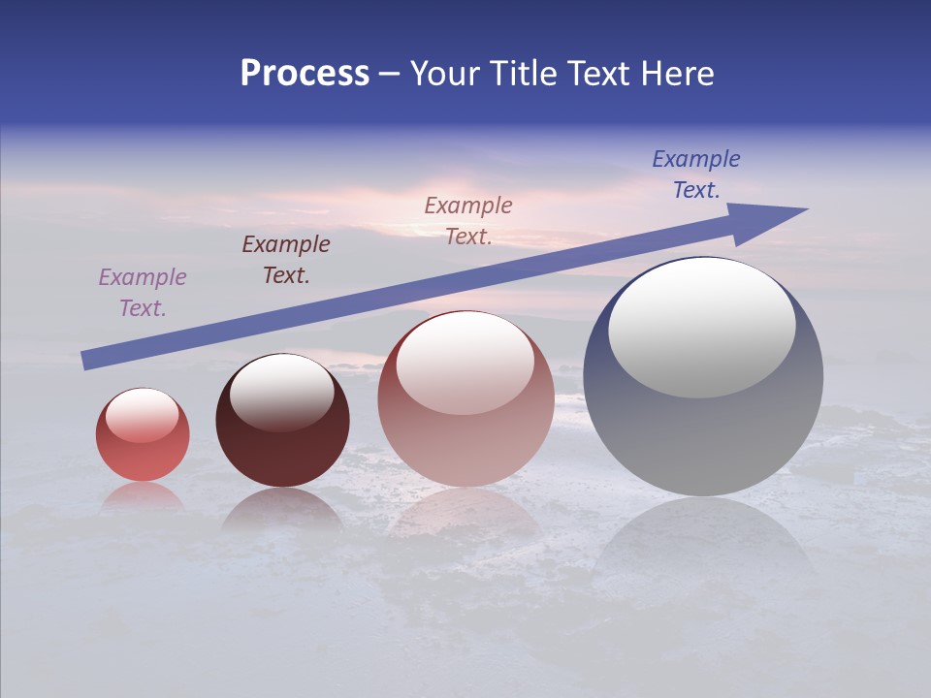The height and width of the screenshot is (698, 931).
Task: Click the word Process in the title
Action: [305, 74]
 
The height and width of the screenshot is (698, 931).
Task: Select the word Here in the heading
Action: [678, 74]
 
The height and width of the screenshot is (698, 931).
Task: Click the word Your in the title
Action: [444, 74]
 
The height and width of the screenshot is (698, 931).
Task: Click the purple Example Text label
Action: [143, 293]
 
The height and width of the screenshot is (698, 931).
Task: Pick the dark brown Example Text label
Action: [286, 260]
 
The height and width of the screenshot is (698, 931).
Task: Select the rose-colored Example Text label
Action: [468, 221]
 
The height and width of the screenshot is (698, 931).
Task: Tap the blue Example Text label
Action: [696, 174]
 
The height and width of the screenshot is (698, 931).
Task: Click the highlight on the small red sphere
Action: [143, 415]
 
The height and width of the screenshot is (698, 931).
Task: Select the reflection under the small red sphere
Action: [143, 496]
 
